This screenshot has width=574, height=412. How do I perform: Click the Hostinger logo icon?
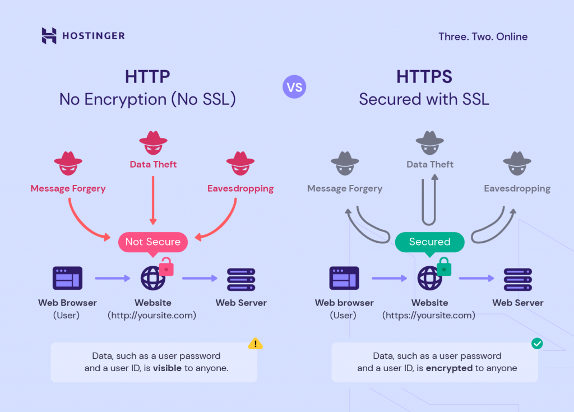click(49, 36)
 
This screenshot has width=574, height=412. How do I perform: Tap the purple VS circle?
click(294, 87)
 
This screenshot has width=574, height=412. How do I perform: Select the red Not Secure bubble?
click(152, 242)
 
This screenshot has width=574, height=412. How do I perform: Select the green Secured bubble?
click(430, 242)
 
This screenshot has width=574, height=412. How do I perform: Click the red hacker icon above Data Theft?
click(153, 143)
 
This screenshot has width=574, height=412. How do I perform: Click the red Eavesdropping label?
click(240, 188)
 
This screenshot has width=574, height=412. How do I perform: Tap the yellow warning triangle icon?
click(256, 344)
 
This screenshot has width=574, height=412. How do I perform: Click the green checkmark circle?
click(537, 344)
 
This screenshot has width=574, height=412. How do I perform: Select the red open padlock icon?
click(166, 267)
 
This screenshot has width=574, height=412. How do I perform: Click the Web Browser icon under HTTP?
click(67, 278)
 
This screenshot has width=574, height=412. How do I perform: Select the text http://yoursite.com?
click(152, 316)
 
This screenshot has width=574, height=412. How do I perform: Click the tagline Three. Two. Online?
click(483, 37)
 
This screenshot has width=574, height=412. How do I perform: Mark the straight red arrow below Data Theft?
click(153, 199)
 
